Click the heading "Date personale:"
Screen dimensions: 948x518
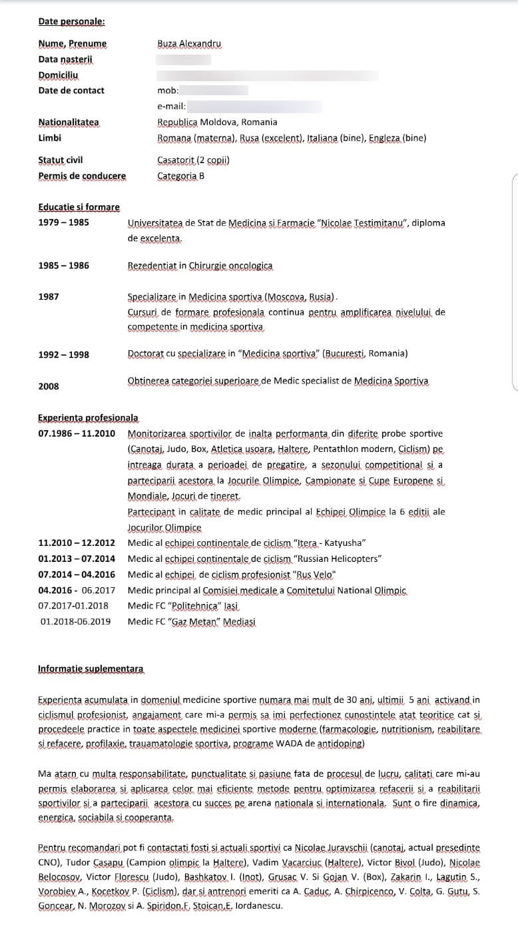click(x=71, y=21)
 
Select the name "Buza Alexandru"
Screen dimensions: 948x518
click(x=189, y=44)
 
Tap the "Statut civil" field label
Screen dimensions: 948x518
click(x=61, y=160)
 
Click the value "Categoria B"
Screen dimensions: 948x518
click(x=181, y=176)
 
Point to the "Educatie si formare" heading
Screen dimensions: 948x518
click(x=79, y=207)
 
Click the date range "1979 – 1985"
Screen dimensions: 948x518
click(x=63, y=222)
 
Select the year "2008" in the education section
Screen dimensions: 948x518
click(x=49, y=386)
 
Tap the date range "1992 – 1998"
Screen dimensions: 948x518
click(x=63, y=355)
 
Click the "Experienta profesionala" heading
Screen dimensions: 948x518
click(x=88, y=418)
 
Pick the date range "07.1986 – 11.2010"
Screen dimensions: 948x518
click(x=77, y=433)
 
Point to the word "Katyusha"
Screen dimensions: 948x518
click(x=345, y=543)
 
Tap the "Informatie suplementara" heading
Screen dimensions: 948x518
click(x=91, y=668)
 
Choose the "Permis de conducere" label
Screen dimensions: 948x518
click(x=82, y=176)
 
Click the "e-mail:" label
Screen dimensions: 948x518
click(x=171, y=106)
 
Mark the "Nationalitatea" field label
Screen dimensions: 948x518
click(x=69, y=122)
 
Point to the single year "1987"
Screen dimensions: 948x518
click(x=49, y=297)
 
